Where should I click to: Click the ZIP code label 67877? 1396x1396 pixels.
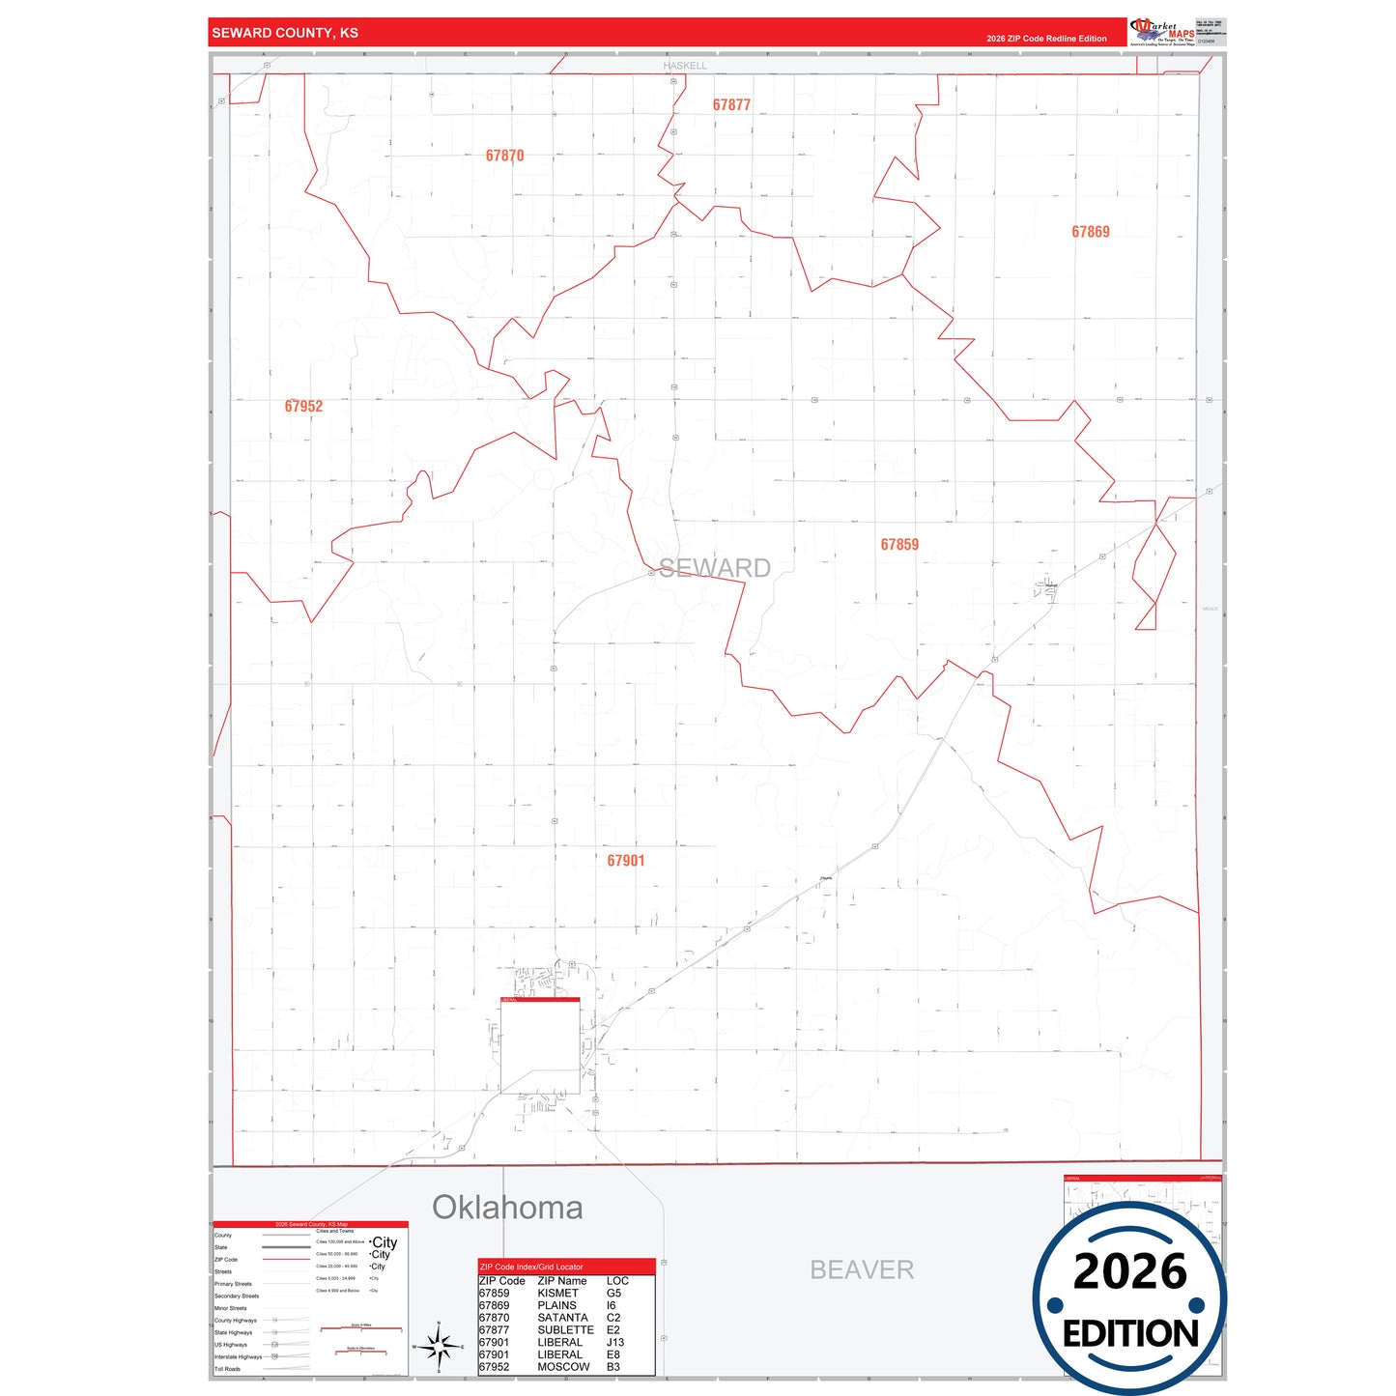pos(731,104)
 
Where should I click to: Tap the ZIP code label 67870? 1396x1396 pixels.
pos(504,156)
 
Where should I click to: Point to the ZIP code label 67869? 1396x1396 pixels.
pos(1090,232)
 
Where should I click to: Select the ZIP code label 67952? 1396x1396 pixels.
pos(303,406)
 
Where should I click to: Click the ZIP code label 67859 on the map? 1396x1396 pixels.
pos(899,545)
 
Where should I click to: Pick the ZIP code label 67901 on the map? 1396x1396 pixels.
pos(626,861)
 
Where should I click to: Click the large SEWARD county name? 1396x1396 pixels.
pos(715,568)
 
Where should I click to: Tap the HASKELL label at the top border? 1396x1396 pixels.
pos(685,66)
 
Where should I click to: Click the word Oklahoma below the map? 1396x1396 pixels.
pos(507,1208)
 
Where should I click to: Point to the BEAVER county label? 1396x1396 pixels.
pos(862,1269)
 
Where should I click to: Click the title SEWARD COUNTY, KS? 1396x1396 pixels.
pos(285,33)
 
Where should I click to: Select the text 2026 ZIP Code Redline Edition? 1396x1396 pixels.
pos(1046,39)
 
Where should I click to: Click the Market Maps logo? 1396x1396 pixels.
pos(1162,31)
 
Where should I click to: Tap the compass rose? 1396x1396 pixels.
pos(439,1345)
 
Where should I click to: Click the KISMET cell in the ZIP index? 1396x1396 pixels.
pos(558,1294)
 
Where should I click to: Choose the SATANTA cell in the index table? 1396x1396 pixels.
pos(562,1318)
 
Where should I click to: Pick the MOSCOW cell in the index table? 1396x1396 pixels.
pos(563,1367)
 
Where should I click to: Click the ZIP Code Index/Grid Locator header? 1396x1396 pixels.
pos(531,1267)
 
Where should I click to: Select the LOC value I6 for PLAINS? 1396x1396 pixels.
pos(612,1305)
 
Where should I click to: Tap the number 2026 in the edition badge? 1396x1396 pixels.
pos(1129,1271)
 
